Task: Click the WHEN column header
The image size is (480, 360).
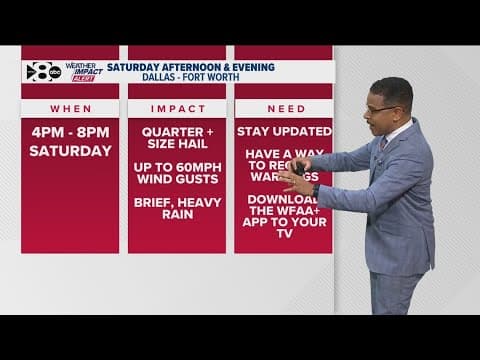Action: (x=70, y=108)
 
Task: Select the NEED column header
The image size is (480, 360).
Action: (x=283, y=108)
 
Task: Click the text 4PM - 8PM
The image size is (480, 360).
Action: (x=70, y=131)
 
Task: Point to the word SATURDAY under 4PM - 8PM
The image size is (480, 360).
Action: (x=70, y=151)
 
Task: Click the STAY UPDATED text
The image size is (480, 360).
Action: (x=283, y=131)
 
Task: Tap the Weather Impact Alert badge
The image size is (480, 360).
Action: (x=84, y=73)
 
